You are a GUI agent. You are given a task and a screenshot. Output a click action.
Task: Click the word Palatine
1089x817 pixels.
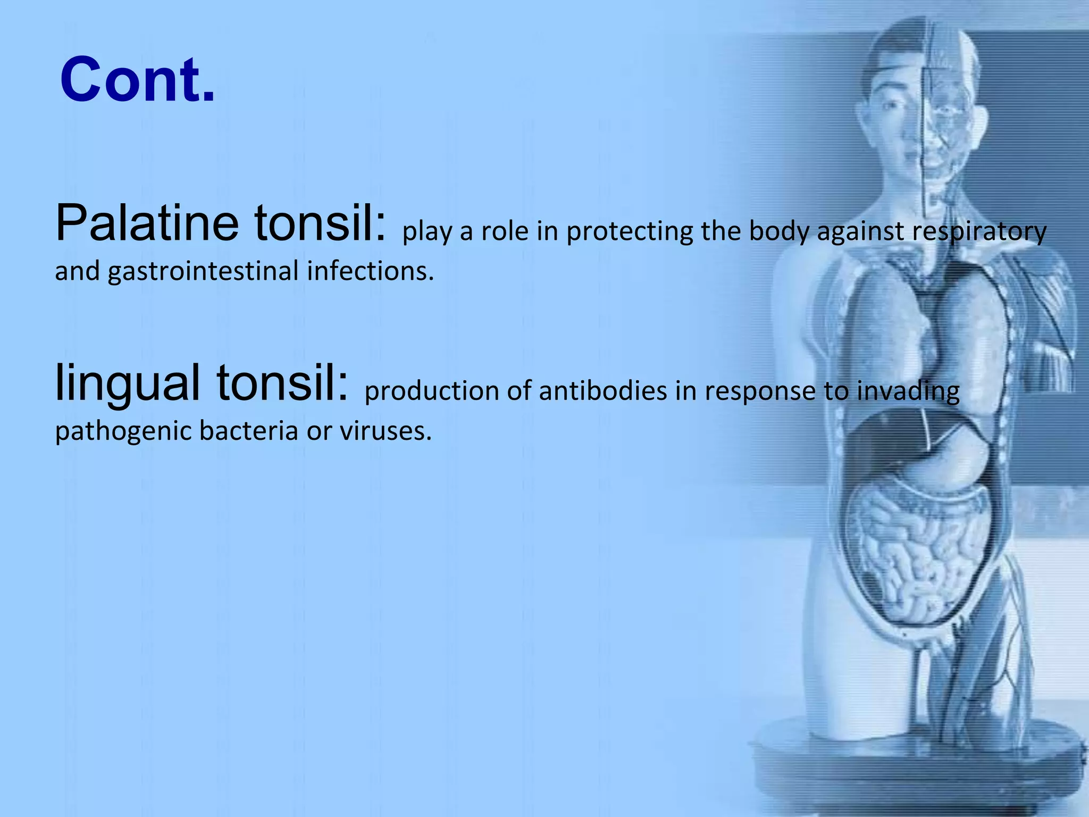point(147,223)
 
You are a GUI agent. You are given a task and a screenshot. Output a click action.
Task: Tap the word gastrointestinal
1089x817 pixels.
point(203,271)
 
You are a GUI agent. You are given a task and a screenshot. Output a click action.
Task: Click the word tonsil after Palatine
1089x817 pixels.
point(320,223)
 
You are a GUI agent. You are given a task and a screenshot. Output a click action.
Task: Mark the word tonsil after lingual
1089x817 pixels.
point(282,383)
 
